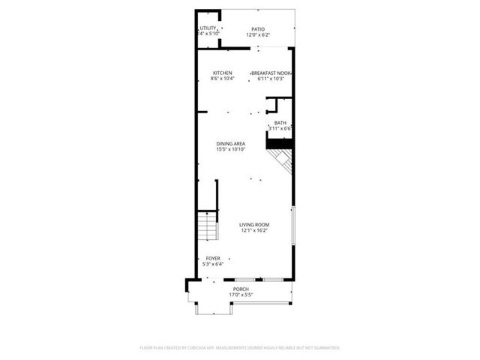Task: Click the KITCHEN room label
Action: [222, 73]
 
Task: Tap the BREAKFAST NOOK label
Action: [271, 73]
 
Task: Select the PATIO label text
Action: [258, 29]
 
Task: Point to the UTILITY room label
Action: [208, 28]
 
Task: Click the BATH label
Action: [280, 123]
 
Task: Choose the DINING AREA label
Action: [230, 143]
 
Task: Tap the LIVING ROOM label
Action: [254, 225]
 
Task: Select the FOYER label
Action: [214, 259]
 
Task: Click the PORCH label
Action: [241, 289]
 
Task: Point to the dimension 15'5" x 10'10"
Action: [230, 149]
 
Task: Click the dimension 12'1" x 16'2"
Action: [254, 231]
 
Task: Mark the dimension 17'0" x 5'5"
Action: [241, 295]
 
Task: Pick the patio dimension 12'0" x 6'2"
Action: [258, 35]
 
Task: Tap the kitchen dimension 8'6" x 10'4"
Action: [222, 79]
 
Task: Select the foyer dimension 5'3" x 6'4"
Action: [214, 264]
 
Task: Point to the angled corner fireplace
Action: [282, 159]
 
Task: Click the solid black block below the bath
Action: [280, 142]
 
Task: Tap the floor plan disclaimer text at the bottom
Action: [240, 348]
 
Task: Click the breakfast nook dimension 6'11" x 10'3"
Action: [271, 79]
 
